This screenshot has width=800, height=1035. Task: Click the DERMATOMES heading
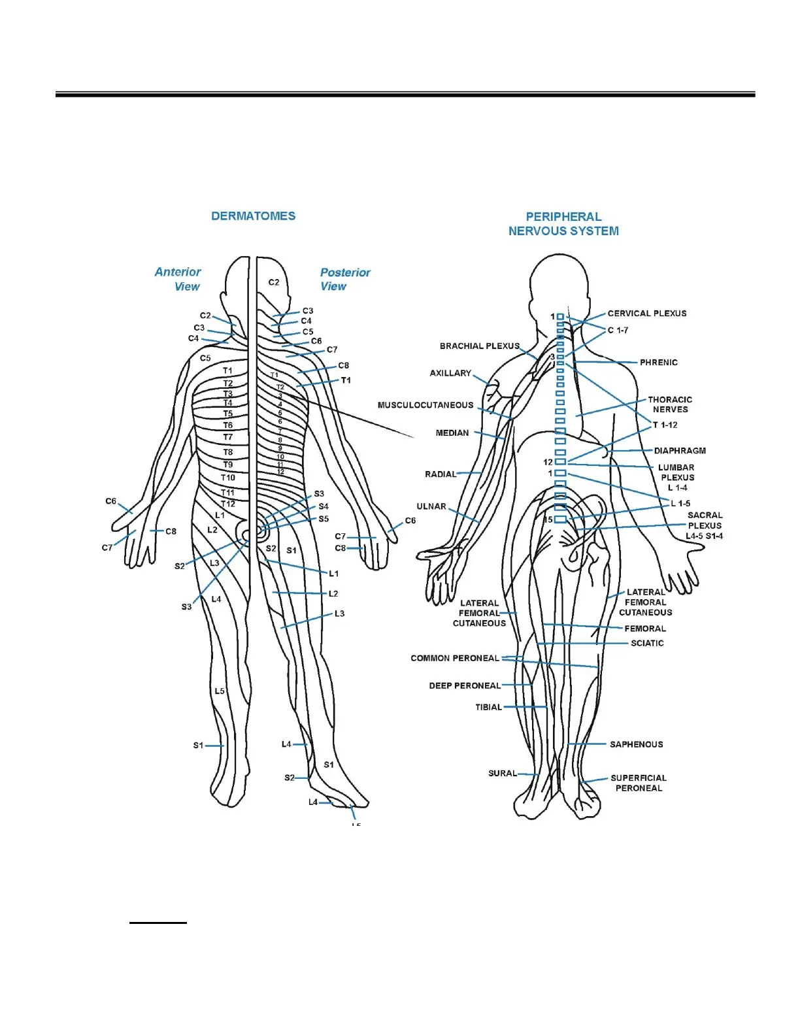click(253, 216)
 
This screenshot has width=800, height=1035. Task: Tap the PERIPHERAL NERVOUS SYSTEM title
click(563, 223)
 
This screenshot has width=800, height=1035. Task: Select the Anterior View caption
click(178, 279)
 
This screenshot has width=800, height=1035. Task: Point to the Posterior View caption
click(344, 279)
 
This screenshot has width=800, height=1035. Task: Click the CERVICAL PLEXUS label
click(647, 314)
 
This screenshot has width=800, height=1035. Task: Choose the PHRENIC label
click(658, 363)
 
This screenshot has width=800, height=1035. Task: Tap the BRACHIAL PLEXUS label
click(479, 346)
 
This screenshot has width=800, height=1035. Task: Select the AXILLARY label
click(450, 373)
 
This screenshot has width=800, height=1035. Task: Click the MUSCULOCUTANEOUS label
click(425, 405)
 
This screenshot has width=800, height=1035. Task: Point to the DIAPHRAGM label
click(680, 451)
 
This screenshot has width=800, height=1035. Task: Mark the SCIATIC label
click(647, 643)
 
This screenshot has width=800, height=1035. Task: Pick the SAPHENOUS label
click(636, 744)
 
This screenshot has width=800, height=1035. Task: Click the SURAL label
click(503, 774)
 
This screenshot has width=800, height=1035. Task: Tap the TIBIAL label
click(488, 707)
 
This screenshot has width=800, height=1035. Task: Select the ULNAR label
click(431, 506)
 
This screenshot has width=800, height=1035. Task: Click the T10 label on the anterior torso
click(227, 478)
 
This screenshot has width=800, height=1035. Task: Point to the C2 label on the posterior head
click(274, 282)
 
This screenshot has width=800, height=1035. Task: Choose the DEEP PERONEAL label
click(465, 685)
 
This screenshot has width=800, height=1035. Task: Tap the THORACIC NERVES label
click(670, 404)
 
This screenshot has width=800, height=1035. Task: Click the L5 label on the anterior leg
click(220, 691)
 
